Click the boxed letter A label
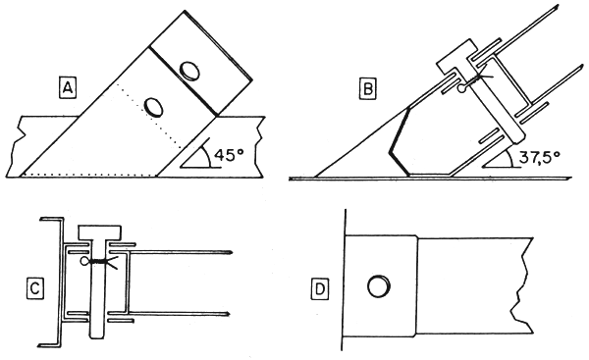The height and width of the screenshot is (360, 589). (x=68, y=89)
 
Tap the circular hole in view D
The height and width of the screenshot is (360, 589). (x=377, y=287)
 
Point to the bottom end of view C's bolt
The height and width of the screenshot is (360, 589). (x=95, y=334)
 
